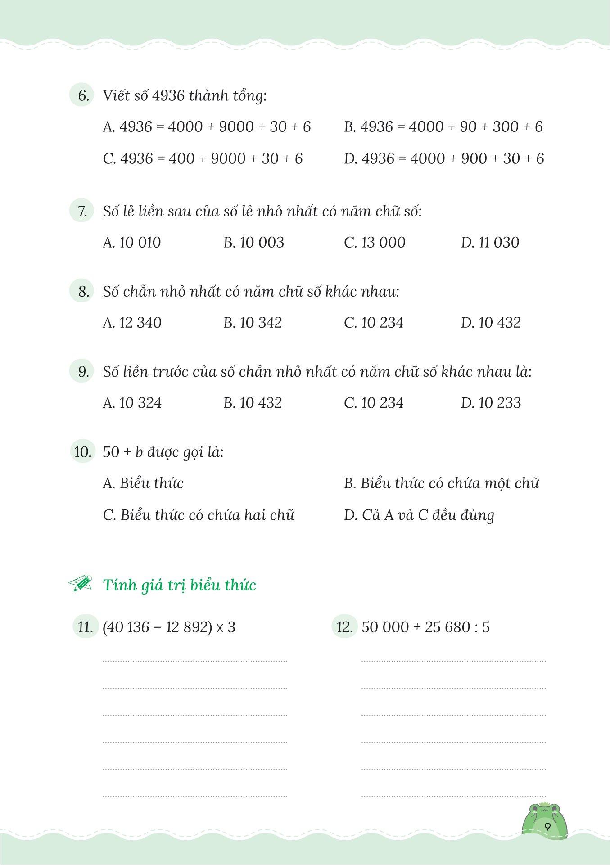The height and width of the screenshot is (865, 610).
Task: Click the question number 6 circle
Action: (x=82, y=96)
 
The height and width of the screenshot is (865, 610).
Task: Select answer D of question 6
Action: (x=443, y=158)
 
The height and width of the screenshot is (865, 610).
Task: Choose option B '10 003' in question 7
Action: (x=253, y=243)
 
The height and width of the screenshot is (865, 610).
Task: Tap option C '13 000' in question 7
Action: (x=375, y=243)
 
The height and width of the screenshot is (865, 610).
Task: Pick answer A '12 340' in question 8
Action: (x=132, y=323)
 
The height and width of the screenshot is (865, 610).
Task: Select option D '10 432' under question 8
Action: (x=491, y=323)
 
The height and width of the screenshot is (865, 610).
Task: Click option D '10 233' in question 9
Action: (x=491, y=403)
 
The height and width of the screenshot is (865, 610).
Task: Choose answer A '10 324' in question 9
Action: (x=132, y=403)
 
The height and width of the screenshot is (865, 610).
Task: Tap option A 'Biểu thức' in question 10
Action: (x=143, y=483)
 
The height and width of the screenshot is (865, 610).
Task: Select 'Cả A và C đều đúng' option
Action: (x=419, y=515)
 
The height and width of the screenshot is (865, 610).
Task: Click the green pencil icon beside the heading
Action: (x=80, y=584)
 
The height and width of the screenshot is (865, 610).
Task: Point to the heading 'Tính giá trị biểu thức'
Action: (x=179, y=585)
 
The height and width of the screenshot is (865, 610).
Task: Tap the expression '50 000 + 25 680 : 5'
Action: (x=425, y=627)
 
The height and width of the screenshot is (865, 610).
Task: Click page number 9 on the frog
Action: (x=547, y=827)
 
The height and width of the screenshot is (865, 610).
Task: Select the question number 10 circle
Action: (x=83, y=451)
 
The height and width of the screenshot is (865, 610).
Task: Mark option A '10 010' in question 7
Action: (x=132, y=243)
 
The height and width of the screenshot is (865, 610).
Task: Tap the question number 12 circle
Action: (x=345, y=627)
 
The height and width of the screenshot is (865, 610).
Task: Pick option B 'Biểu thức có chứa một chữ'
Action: (x=441, y=483)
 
